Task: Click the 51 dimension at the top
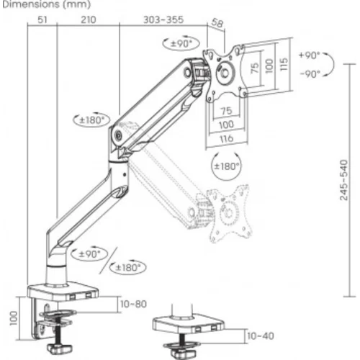point(42,19)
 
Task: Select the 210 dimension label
point(89,19)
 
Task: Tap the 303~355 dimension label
point(163,19)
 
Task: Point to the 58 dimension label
point(217,23)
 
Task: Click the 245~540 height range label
point(343,180)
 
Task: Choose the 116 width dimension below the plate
point(226,138)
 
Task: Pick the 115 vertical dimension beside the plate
point(284,64)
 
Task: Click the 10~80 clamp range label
point(133,304)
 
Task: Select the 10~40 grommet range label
point(261,336)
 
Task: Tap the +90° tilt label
point(310,55)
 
